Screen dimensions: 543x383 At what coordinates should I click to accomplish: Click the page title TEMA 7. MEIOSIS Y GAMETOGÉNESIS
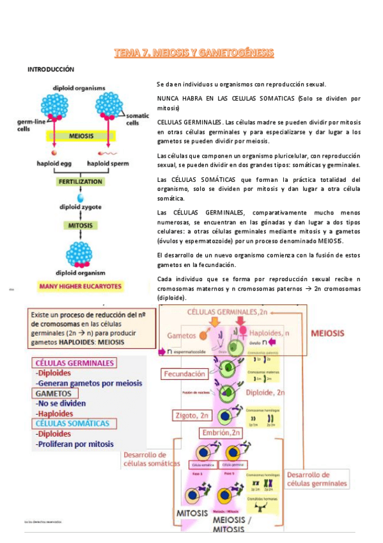(x=194, y=53)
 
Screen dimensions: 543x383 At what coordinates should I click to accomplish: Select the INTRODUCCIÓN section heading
(x=51, y=69)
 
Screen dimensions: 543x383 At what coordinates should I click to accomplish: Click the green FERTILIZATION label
(x=81, y=182)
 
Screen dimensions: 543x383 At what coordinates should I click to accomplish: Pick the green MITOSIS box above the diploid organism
(x=81, y=225)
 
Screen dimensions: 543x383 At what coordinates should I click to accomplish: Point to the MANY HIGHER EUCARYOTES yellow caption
(x=81, y=286)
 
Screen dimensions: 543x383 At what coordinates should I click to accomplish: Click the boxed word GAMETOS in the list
(x=55, y=393)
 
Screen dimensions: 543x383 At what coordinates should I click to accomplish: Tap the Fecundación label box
(x=184, y=373)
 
